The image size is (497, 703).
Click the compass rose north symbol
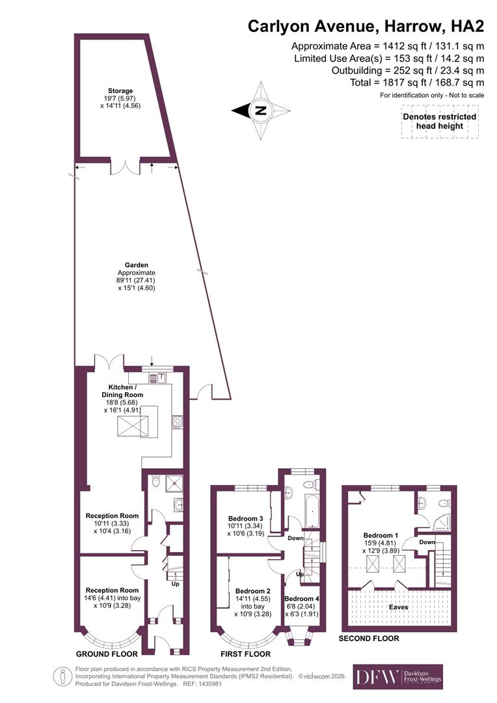[260, 110]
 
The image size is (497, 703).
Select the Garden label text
[137, 276]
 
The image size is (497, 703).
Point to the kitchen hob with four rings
[176, 422]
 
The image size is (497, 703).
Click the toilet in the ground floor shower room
[155, 482]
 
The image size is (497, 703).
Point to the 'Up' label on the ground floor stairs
[175, 584]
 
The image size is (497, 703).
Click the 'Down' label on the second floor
[427, 542]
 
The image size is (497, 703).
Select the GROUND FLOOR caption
[107, 654]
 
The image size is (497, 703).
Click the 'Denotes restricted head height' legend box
[439, 122]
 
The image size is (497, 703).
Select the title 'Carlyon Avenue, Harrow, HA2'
[366, 27]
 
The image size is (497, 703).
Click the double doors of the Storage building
[124, 167]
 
